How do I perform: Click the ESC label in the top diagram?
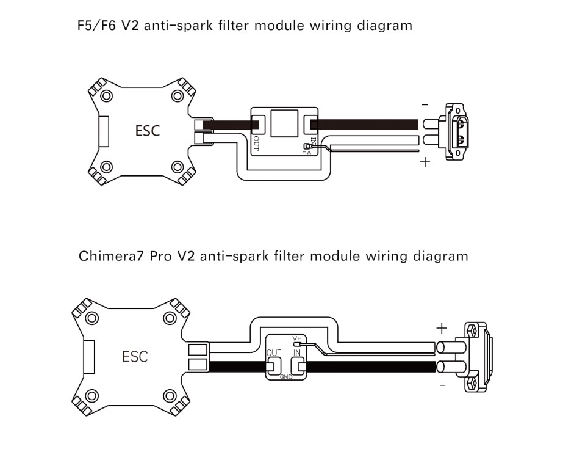148,130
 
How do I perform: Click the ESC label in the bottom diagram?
135,356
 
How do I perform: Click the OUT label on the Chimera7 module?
274,353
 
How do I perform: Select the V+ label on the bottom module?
297,338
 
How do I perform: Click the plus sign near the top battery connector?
425,162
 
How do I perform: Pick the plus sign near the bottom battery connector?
442,328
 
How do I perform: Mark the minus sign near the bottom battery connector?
442,386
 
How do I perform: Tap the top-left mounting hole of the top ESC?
107,95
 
